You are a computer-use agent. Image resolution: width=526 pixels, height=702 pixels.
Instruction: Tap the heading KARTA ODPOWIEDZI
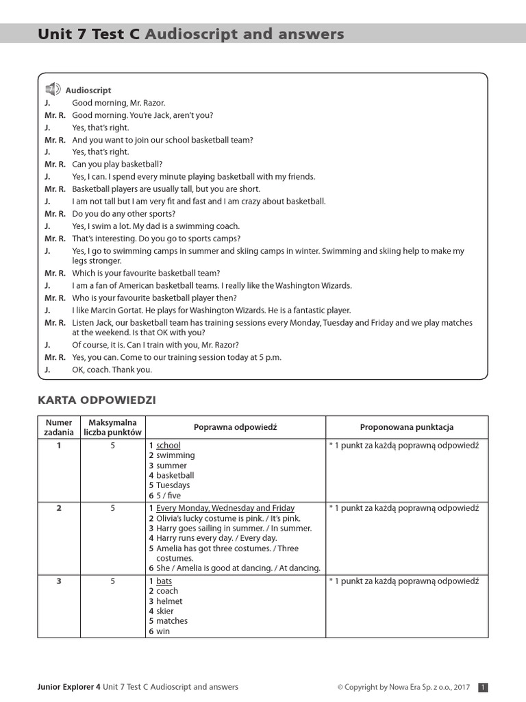click(x=97, y=400)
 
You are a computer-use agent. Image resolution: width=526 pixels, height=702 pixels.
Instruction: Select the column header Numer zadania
click(x=59, y=427)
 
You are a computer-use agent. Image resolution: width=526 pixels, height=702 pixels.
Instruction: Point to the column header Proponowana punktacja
click(x=407, y=427)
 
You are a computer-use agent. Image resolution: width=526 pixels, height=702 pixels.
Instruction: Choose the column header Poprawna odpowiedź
click(x=235, y=427)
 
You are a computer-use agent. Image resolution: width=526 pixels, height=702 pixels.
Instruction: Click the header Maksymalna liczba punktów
click(x=112, y=427)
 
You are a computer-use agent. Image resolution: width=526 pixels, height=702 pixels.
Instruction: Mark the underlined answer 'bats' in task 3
click(x=164, y=581)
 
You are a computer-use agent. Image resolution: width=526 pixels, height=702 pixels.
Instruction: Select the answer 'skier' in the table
click(x=164, y=611)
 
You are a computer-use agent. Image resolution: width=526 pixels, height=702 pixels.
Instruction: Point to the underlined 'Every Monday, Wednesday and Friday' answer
click(x=225, y=508)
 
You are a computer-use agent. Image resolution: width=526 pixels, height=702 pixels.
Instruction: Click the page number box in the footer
click(x=483, y=687)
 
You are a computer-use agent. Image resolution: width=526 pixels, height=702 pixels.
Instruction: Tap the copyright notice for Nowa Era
click(x=403, y=687)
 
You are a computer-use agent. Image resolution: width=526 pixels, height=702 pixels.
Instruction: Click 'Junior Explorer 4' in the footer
click(x=68, y=687)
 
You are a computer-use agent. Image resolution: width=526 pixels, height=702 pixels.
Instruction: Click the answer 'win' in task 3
click(x=162, y=631)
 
